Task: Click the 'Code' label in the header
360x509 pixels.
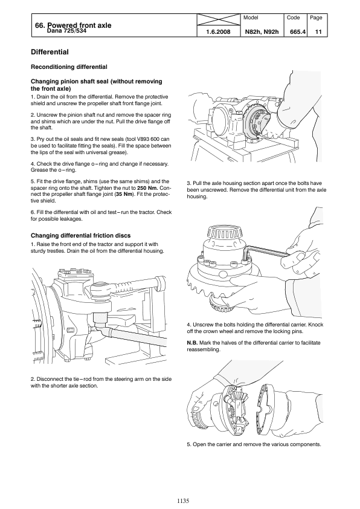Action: tap(294, 18)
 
